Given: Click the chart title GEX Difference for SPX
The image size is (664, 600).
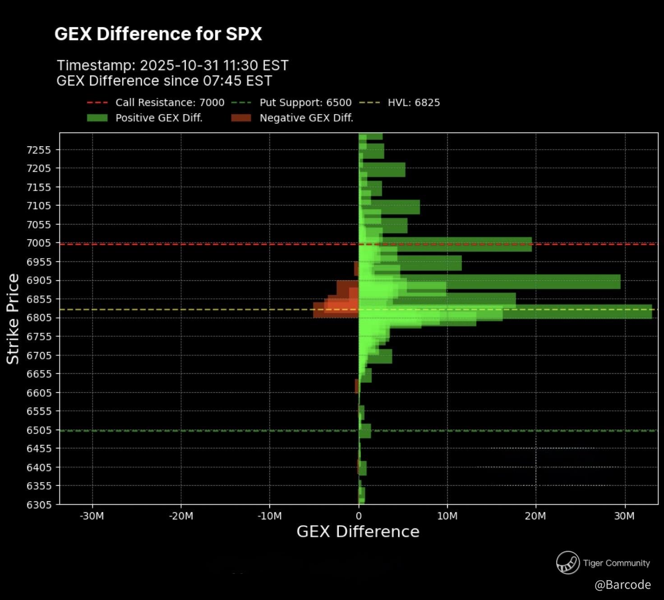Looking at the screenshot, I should click(158, 34).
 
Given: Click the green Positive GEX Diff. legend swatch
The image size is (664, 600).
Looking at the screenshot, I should click(97, 118).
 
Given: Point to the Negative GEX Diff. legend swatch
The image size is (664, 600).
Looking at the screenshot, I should click(241, 118).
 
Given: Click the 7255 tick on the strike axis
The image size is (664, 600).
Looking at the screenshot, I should click(39, 150).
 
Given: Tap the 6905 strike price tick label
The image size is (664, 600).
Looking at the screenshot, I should click(39, 281).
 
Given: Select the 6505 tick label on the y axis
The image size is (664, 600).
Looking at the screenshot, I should click(39, 430).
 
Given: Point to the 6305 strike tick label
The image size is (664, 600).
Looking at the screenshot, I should click(39, 504).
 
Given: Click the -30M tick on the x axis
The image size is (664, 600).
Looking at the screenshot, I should click(92, 516).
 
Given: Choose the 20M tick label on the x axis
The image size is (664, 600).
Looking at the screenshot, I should click(535, 516).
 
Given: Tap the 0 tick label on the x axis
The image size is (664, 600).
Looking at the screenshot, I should click(359, 516).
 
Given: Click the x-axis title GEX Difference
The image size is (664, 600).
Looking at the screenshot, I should click(358, 531).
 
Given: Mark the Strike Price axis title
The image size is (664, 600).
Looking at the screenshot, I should click(13, 318).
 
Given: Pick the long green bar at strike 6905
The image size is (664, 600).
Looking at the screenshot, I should click(541, 282).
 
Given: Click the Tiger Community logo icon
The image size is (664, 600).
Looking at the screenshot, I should click(567, 563).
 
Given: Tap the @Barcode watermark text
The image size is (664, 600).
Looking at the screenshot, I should click(622, 585).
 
